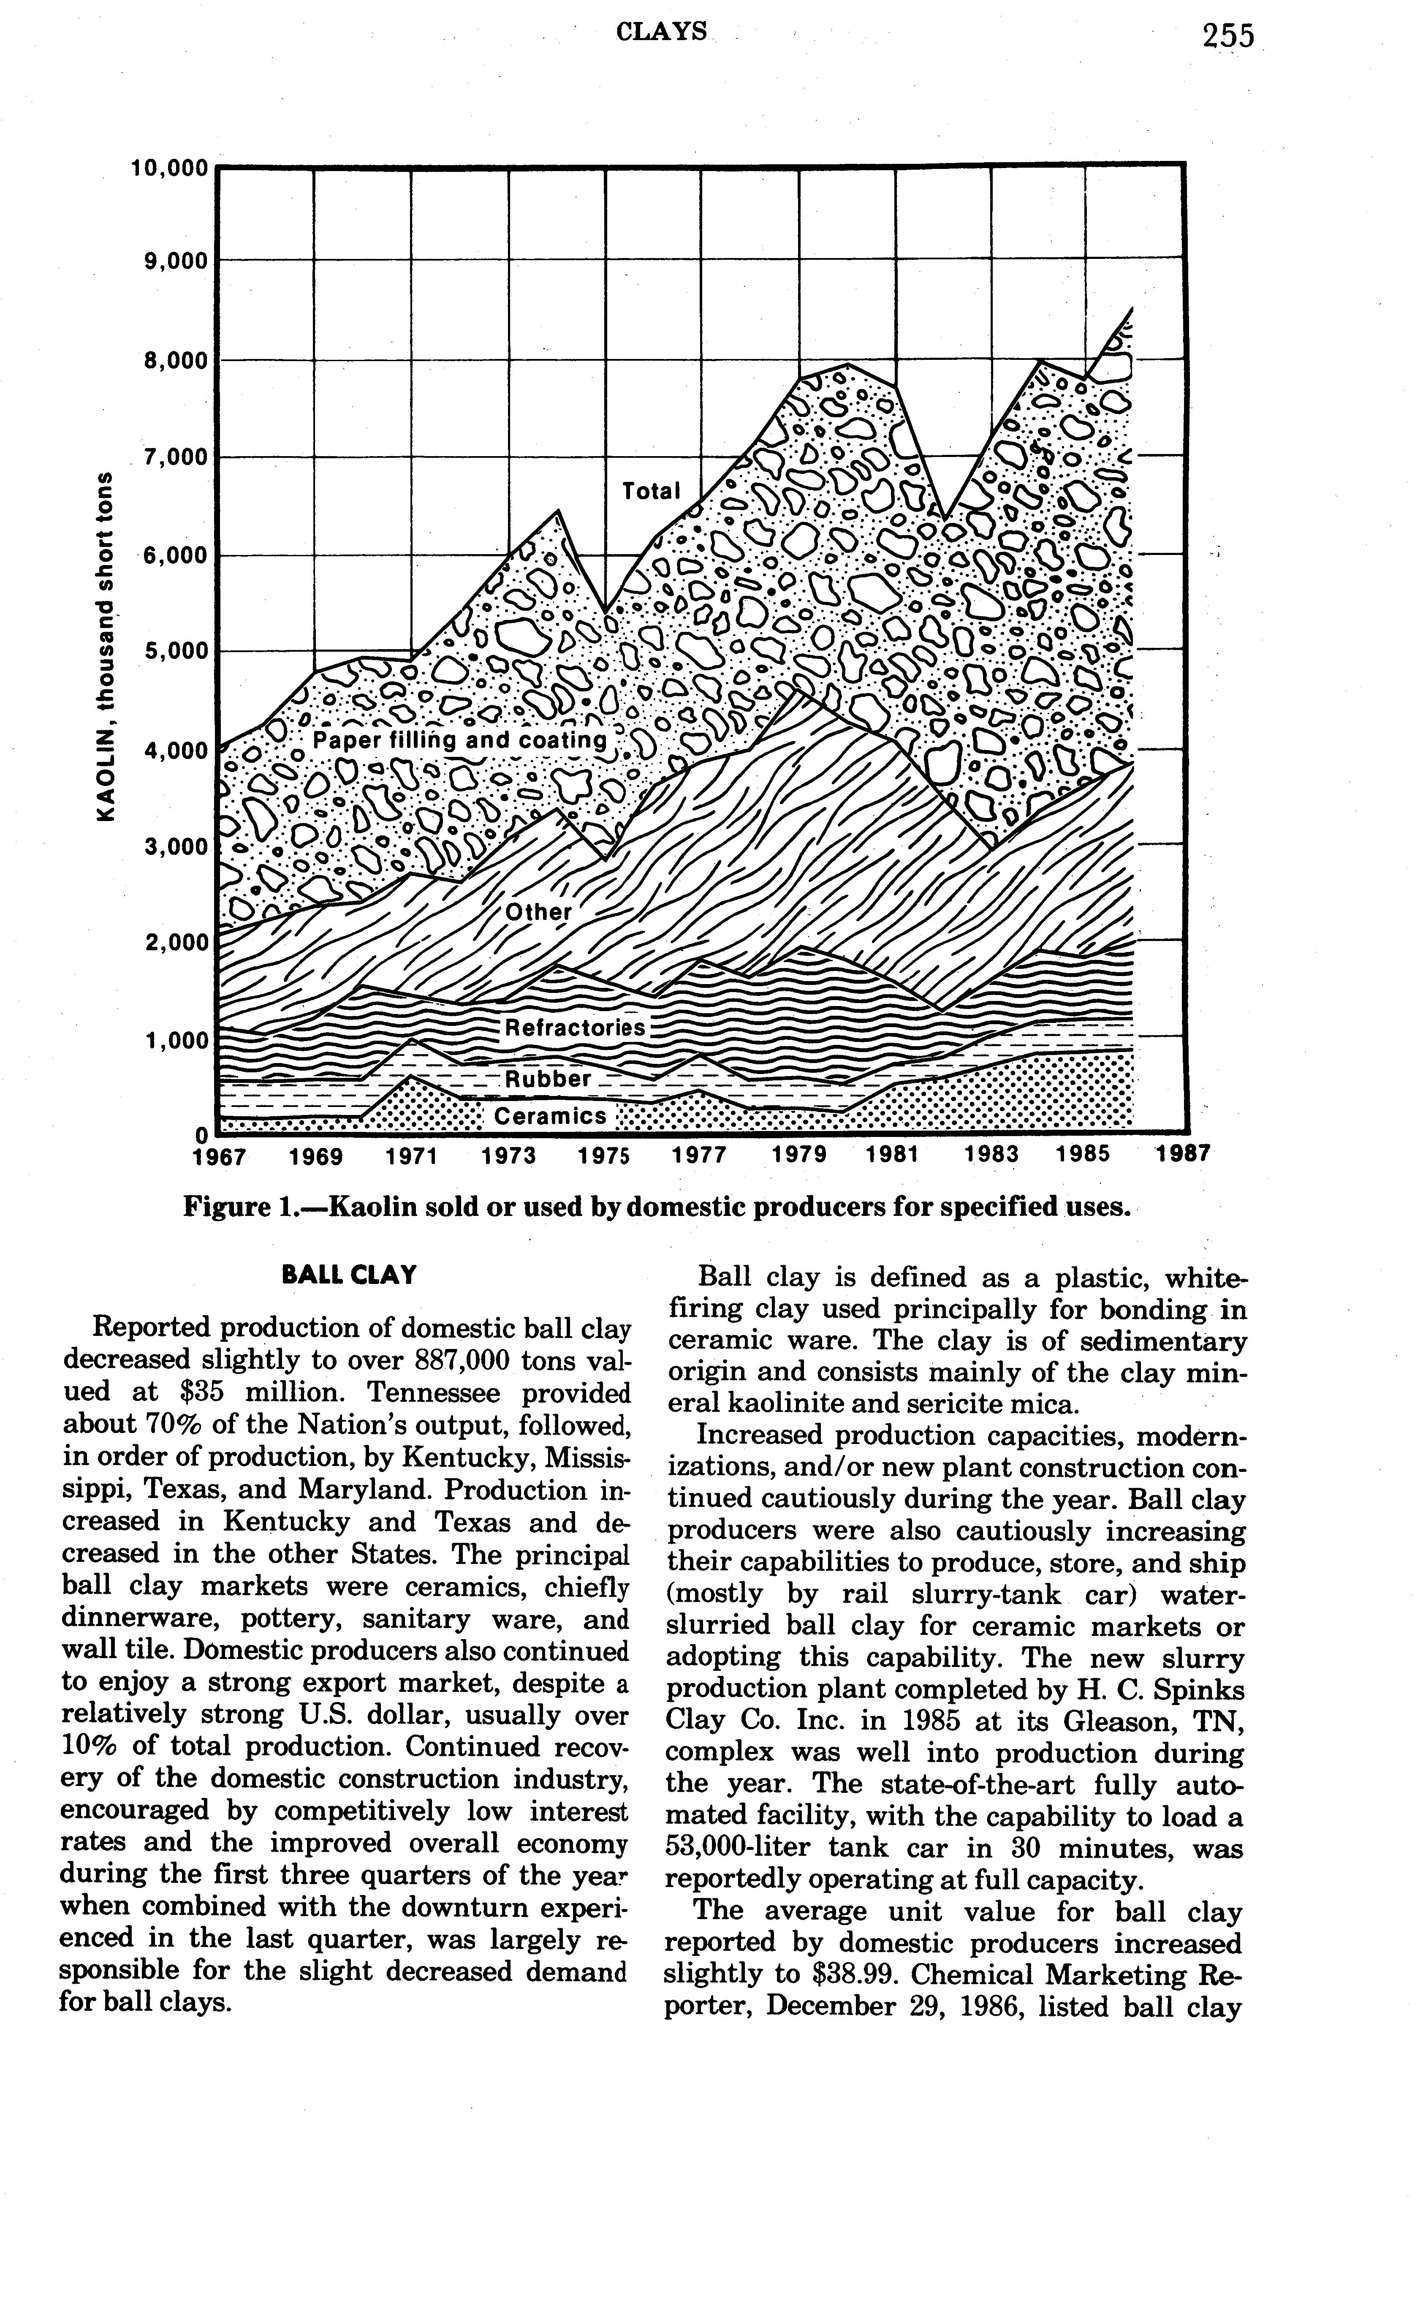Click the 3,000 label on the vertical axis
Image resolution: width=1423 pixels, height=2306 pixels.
(175, 846)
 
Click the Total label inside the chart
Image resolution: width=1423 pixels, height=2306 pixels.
(651, 490)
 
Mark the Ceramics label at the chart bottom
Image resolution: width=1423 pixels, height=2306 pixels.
(551, 1116)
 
